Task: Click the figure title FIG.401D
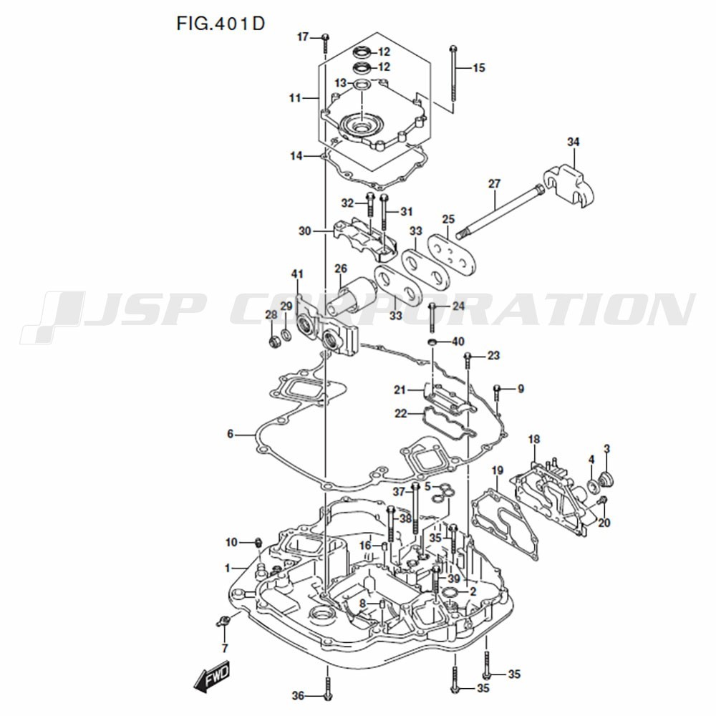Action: click(x=221, y=23)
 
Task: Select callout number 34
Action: click(x=573, y=142)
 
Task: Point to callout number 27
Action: click(x=494, y=184)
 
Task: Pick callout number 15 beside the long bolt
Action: click(x=478, y=68)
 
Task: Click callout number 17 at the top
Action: click(x=303, y=37)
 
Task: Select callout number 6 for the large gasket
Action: click(x=231, y=434)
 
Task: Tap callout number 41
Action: click(x=297, y=274)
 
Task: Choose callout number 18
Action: click(x=534, y=439)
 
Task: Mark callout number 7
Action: click(x=224, y=649)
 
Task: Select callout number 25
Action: click(x=449, y=218)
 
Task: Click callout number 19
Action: click(x=498, y=470)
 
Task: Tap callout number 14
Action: click(x=296, y=155)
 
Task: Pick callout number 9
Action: click(x=521, y=389)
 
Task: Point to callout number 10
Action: click(x=231, y=541)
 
